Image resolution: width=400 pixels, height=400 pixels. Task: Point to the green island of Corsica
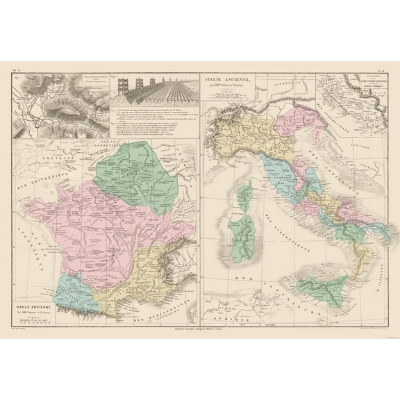pyautogui.click(x=244, y=194)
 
